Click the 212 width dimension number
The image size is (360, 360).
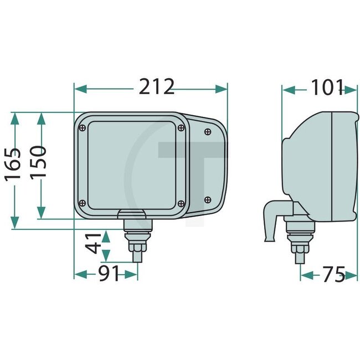pos(157,88)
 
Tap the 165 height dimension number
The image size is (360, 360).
pos(13,164)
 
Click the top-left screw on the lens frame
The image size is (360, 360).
pos(83,128)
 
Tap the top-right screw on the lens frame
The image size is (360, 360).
pos(181,128)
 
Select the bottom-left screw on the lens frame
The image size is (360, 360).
pos(83,202)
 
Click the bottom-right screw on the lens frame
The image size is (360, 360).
pos(181,202)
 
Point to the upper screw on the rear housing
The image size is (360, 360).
pos(207,132)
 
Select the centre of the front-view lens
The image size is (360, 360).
pos(132,165)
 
